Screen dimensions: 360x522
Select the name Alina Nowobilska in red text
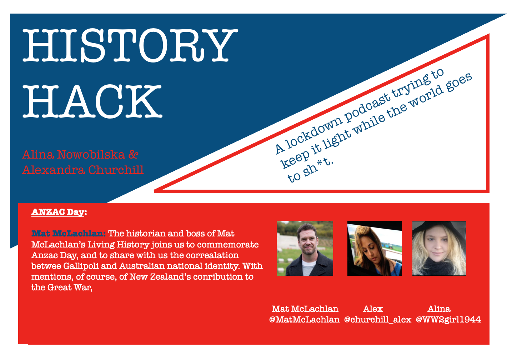pyautogui.click(x=73, y=155)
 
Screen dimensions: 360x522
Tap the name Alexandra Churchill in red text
pyautogui.click(x=83, y=170)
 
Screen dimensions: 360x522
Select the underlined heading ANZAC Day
pyautogui.click(x=59, y=212)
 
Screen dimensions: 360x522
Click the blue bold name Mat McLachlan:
pyautogui.click(x=69, y=234)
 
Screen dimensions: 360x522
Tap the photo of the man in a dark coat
pyautogui.click(x=305, y=248)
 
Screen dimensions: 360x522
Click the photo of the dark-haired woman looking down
pyautogui.click(x=374, y=248)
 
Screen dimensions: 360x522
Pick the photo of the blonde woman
pyautogui.click(x=439, y=248)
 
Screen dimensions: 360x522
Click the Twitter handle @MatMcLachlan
pyautogui.click(x=304, y=320)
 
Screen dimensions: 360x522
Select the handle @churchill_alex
pyautogui.click(x=377, y=320)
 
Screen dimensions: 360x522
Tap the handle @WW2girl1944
pyautogui.click(x=448, y=320)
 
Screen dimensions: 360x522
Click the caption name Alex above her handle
pyautogui.click(x=373, y=309)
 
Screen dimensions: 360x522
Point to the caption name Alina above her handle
pyautogui.click(x=439, y=309)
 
